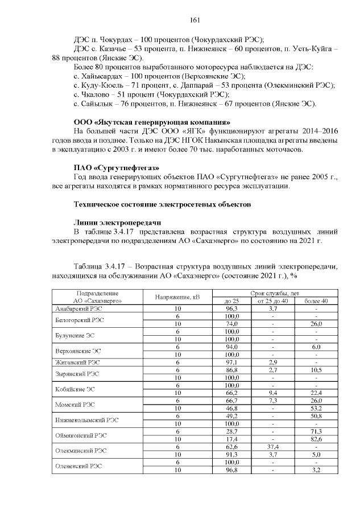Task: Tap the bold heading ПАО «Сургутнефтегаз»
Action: pos(117,167)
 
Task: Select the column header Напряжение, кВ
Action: pos(177,296)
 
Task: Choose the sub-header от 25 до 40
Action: pos(273,300)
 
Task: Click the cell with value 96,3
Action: pos(231,308)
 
